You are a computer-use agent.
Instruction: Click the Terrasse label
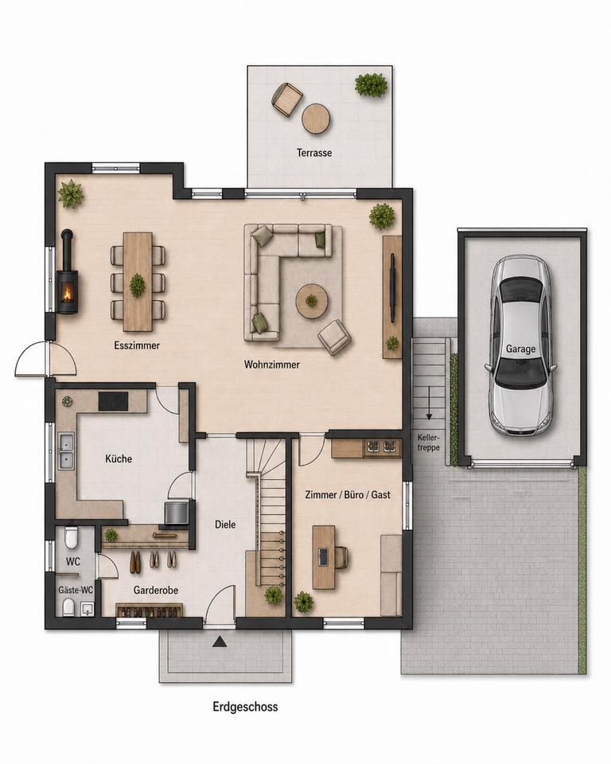314,153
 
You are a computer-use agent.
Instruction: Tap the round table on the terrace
316,119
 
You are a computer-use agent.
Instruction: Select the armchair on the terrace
286,99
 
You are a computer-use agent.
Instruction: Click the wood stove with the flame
68,290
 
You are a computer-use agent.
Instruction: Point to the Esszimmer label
137,345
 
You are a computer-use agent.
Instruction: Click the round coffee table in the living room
311,301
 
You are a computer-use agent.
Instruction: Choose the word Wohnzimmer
272,364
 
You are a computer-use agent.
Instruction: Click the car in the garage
521,345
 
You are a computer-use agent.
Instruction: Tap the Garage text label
520,349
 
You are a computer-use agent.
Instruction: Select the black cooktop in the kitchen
114,401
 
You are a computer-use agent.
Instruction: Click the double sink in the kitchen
66,451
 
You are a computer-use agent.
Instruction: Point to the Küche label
119,458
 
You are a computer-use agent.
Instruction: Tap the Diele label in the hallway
225,524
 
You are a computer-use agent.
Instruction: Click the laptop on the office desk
324,557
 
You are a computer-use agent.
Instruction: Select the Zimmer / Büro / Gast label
348,494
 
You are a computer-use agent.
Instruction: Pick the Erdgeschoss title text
246,707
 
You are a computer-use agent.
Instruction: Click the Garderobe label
156,590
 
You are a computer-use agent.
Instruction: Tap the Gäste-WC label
76,590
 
